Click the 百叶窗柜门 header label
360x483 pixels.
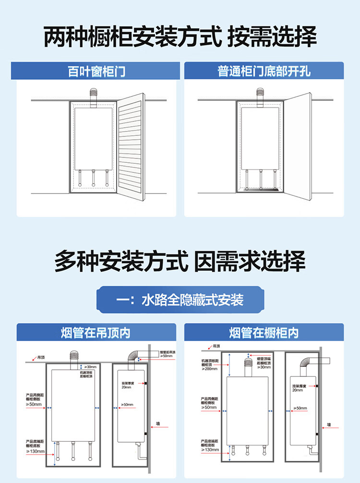96,72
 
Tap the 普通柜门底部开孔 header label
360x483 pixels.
264,72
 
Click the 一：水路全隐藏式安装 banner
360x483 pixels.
180,301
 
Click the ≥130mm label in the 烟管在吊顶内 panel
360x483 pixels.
35,451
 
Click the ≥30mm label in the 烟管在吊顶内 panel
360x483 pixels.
91,367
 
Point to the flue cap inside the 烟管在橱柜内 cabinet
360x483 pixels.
249,364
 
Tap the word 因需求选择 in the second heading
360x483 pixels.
250,262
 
